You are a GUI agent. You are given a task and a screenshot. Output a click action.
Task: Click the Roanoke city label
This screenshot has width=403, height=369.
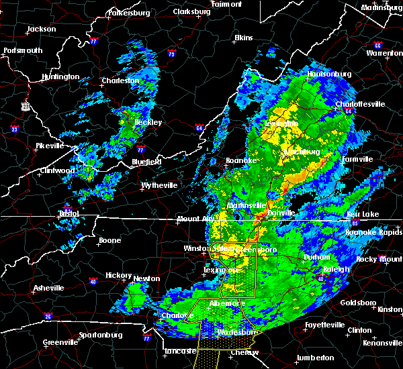point(240,160)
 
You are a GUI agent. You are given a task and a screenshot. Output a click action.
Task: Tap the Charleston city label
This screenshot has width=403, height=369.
point(120,81)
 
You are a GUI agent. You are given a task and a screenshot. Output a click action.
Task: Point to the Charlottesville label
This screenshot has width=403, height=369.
point(361,104)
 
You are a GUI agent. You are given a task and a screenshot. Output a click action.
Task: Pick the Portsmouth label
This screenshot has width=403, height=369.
point(23,50)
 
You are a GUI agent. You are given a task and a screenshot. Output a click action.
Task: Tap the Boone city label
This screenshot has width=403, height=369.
point(109,240)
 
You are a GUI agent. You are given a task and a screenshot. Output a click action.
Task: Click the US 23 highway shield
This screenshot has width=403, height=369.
point(26,106)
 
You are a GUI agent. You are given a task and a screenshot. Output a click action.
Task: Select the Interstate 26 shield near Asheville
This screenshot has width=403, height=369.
point(48,315)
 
